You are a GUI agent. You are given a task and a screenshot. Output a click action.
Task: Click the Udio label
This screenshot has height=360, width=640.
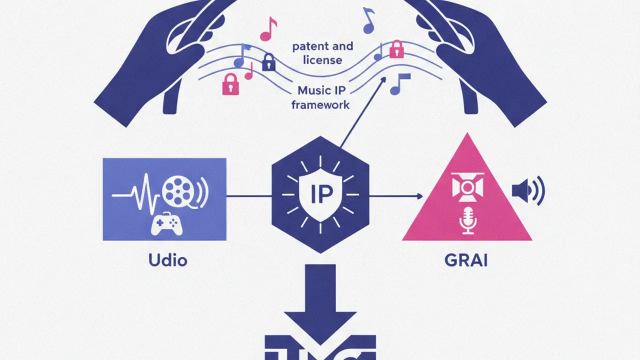[x=167, y=260]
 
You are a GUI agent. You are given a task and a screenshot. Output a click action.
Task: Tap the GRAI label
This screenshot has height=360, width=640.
[x=466, y=260]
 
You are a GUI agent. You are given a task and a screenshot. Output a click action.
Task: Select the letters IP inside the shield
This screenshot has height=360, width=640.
[x=321, y=194]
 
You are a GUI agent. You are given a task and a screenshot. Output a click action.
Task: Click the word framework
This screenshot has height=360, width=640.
[x=320, y=105]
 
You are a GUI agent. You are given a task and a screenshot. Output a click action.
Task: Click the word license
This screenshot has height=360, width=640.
[x=322, y=60]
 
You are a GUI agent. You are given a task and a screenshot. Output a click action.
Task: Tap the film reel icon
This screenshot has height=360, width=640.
[x=179, y=191]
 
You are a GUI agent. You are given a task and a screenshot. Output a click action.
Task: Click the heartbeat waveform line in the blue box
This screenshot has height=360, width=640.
[x=135, y=194]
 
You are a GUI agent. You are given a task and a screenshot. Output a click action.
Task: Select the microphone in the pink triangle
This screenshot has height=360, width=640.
[x=467, y=220]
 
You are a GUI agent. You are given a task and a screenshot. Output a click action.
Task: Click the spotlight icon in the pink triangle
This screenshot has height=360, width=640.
[x=467, y=187]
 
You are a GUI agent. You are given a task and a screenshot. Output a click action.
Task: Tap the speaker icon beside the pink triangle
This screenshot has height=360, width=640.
[x=528, y=190]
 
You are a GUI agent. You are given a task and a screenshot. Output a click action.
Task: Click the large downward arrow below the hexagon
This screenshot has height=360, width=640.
[x=320, y=304]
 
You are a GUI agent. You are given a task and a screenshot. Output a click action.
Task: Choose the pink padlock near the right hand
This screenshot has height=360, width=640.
[x=396, y=49]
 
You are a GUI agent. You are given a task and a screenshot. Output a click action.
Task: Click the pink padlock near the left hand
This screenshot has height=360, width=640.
[x=230, y=84]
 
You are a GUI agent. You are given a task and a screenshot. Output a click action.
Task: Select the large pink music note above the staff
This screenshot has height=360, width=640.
[x=268, y=29]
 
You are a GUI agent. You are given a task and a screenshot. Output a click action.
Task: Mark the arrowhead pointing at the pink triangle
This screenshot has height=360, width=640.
[x=419, y=196]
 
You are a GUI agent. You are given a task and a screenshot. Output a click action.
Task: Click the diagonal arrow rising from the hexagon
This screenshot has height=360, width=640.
[x=363, y=112]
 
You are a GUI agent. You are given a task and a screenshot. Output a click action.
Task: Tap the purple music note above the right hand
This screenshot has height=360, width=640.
[x=369, y=20]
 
